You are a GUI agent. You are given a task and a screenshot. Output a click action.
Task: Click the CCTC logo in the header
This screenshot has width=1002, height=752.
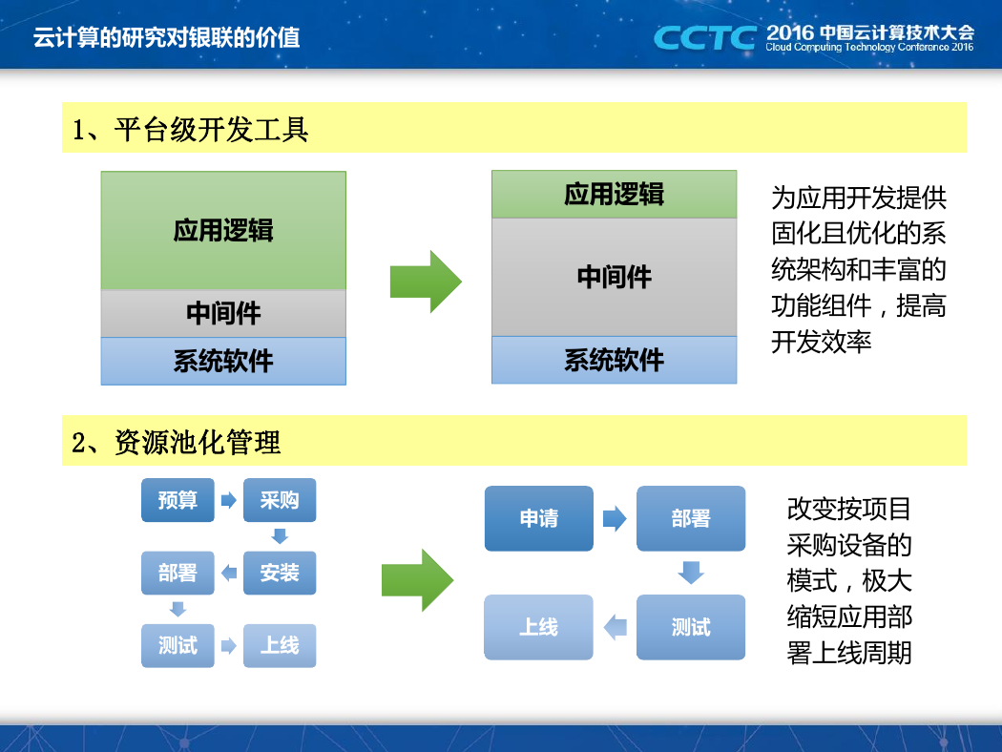coord(705,38)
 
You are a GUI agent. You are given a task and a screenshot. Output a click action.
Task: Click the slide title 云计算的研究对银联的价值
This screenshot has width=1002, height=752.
coord(166,38)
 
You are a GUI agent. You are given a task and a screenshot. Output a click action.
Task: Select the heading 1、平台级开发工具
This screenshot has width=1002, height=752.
coord(191,130)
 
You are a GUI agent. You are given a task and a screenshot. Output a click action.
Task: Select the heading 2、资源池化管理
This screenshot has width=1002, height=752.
coord(177,442)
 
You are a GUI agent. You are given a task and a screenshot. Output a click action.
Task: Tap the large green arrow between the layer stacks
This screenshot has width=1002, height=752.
coord(426,282)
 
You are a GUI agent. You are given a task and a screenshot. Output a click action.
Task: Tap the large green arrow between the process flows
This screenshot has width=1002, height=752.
coord(417,580)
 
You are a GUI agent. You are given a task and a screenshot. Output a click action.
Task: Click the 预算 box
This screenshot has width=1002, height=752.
coord(177,500)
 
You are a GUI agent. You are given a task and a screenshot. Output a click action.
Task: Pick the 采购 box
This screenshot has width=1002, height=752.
coord(280,500)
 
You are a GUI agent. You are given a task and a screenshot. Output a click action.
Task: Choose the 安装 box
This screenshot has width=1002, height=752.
coord(280,573)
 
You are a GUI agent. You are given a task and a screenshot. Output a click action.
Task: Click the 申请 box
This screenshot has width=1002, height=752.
coord(539,518)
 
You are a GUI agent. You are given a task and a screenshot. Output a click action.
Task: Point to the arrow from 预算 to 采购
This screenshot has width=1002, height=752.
coord(229,500)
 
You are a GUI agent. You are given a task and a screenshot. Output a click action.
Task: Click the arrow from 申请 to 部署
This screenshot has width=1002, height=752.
coord(615,518)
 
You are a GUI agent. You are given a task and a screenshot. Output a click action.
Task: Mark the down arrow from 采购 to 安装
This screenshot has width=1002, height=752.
coord(280,536)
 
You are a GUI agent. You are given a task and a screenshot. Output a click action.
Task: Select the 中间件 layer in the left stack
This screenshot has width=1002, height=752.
coord(223,314)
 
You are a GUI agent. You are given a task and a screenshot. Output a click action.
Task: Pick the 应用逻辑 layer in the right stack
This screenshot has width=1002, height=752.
coord(615,195)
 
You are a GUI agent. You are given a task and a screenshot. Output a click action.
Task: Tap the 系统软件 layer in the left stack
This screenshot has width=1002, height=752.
coord(223,361)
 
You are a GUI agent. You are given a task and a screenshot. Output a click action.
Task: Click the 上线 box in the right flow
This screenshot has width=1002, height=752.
coord(539,627)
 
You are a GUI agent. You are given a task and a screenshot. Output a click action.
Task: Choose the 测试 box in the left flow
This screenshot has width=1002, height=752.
coord(177,645)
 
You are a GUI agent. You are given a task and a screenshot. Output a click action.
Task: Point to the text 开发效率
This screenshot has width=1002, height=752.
coord(821,342)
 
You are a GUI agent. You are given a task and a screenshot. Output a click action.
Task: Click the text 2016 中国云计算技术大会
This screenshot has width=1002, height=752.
coord(870,32)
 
